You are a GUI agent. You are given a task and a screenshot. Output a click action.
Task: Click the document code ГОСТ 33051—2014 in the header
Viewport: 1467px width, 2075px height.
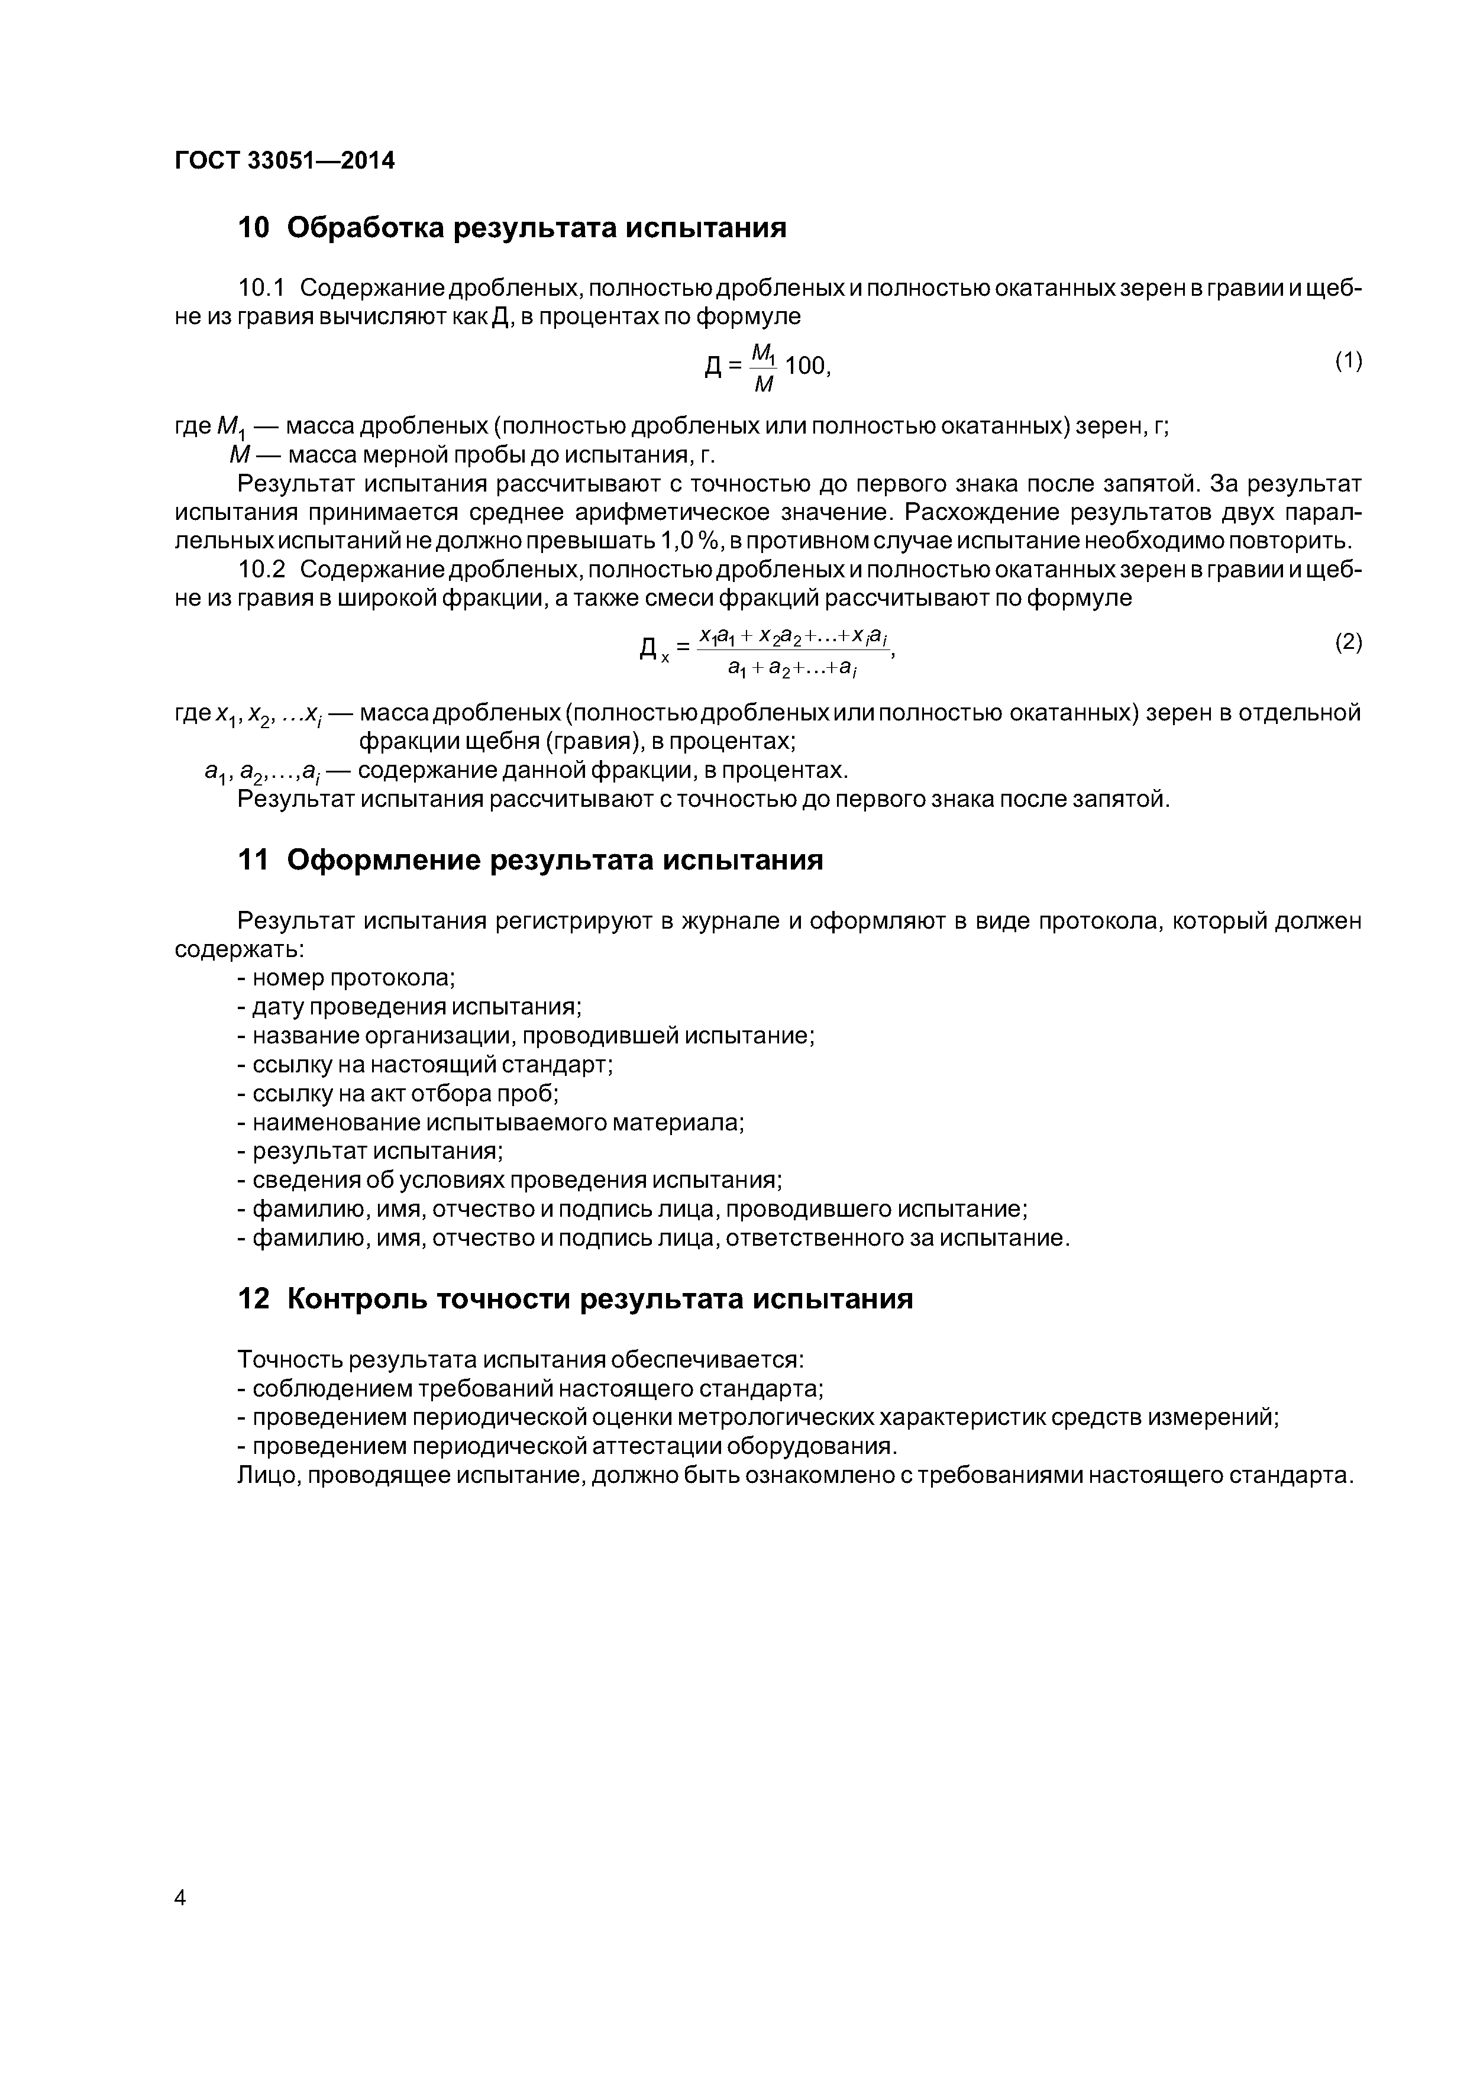point(285,161)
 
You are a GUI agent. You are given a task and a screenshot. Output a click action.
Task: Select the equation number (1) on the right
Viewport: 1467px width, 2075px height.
point(1348,361)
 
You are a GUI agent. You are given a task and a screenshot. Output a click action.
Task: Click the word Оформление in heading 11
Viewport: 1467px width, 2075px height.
point(383,859)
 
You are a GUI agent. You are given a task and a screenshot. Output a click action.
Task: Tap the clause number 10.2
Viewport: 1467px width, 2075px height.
point(261,570)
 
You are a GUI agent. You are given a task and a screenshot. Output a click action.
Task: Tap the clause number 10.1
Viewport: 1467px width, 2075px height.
point(261,288)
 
